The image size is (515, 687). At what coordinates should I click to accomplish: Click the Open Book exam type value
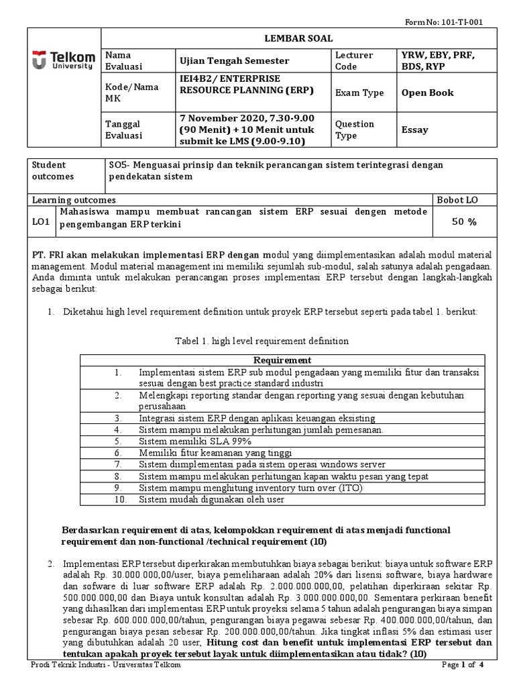tap(427, 93)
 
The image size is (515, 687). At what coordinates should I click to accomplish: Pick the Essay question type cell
tap(414, 129)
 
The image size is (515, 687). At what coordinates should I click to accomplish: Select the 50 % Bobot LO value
tap(465, 222)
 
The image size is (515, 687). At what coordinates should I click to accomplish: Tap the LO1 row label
tap(42, 218)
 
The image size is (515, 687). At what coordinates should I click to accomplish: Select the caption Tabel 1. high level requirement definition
tap(262, 341)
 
